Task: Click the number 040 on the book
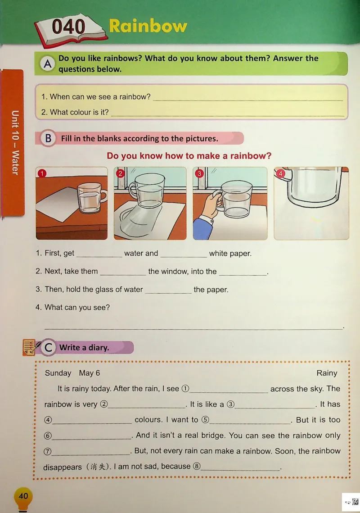point(68,27)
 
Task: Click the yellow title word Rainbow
point(148,26)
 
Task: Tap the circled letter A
point(48,64)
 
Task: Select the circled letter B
point(48,138)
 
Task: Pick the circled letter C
point(49,347)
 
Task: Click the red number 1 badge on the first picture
point(42,173)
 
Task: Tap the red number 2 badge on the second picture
point(120,173)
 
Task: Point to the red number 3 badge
point(199,173)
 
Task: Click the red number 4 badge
point(280,173)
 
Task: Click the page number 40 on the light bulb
point(23,496)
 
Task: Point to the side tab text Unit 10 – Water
point(15,143)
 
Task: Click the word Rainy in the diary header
point(326,373)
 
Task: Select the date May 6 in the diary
point(89,373)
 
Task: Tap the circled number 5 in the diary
point(205,420)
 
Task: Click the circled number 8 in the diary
point(197,466)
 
